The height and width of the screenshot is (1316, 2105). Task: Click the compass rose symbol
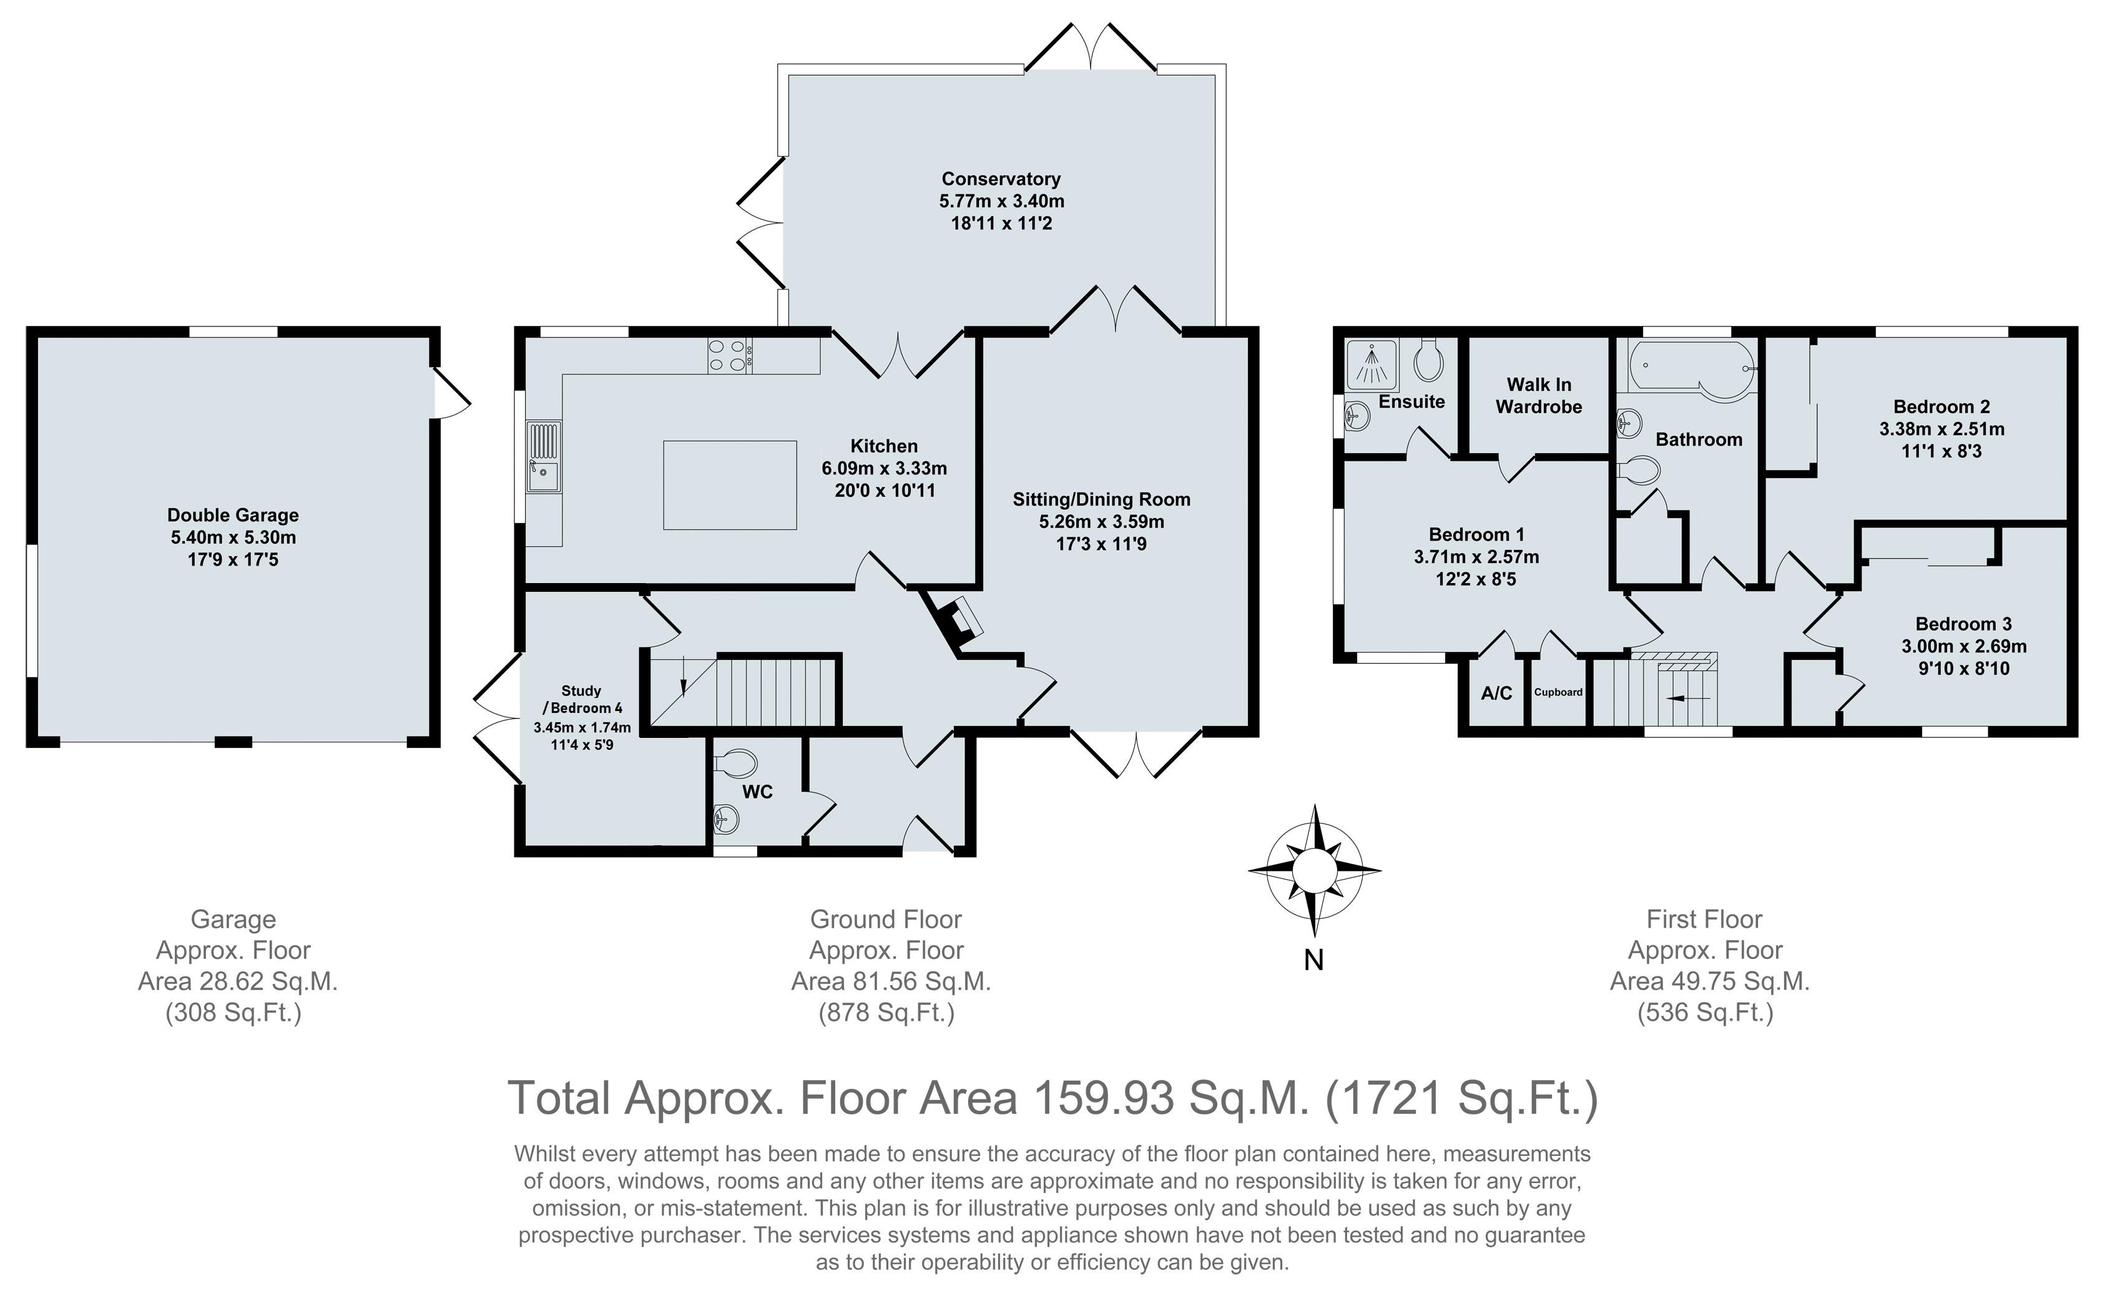1314,870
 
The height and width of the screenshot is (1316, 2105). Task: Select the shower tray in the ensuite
1373,365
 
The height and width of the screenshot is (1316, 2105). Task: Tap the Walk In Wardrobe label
1539,395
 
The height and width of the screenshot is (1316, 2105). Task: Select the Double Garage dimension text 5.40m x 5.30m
233,537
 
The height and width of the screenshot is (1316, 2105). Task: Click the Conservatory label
1001,179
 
